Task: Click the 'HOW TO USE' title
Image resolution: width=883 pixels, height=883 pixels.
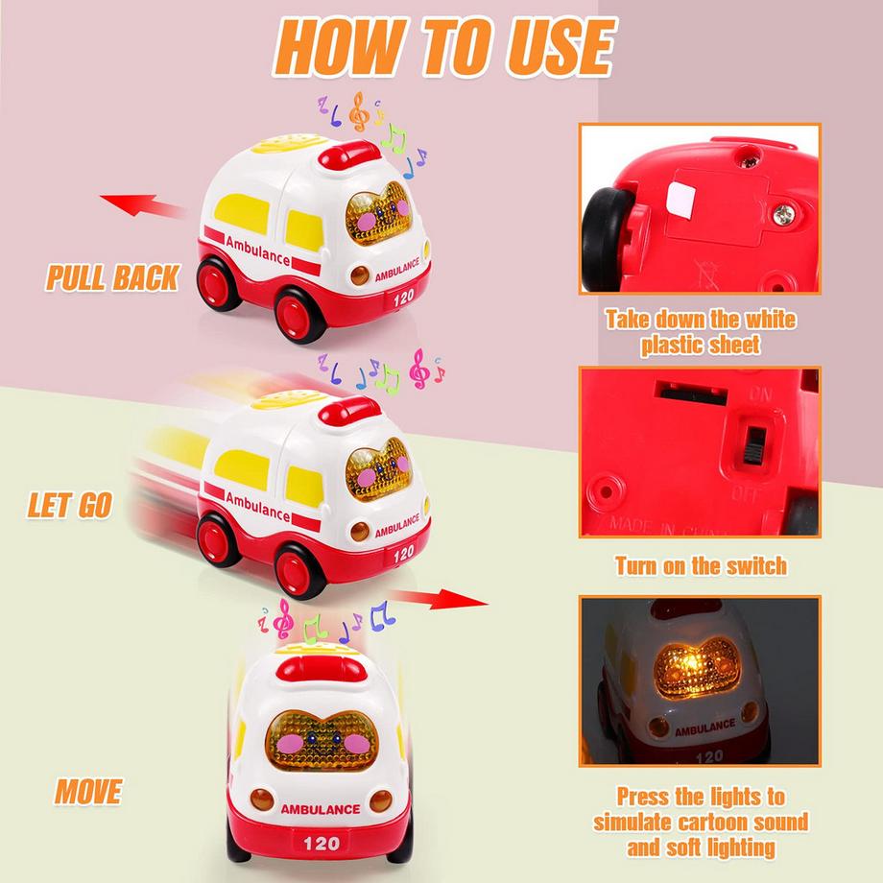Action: (x=444, y=47)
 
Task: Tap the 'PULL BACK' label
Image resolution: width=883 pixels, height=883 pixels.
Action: (x=112, y=277)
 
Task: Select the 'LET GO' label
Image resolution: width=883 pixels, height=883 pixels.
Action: (x=70, y=505)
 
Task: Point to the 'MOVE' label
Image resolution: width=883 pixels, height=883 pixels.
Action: (x=88, y=791)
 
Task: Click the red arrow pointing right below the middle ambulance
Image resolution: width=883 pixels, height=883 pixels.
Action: (x=440, y=599)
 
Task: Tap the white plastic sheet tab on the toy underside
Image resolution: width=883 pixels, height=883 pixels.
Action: (x=680, y=200)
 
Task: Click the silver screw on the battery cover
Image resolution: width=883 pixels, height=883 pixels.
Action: (x=782, y=214)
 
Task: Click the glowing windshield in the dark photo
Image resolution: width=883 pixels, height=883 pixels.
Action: (x=697, y=668)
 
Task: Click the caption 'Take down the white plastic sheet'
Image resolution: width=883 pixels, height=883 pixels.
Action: (x=701, y=332)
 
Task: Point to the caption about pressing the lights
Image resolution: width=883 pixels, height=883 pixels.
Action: (x=701, y=822)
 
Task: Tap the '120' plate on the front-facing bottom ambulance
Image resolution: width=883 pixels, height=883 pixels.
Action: (x=321, y=843)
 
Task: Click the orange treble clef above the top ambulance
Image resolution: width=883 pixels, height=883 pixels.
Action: (x=359, y=111)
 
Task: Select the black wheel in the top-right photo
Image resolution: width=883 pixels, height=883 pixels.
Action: (x=606, y=238)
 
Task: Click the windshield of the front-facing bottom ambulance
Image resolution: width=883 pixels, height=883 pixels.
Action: (x=322, y=741)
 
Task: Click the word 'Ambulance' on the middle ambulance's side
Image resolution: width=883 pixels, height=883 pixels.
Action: (x=257, y=506)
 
